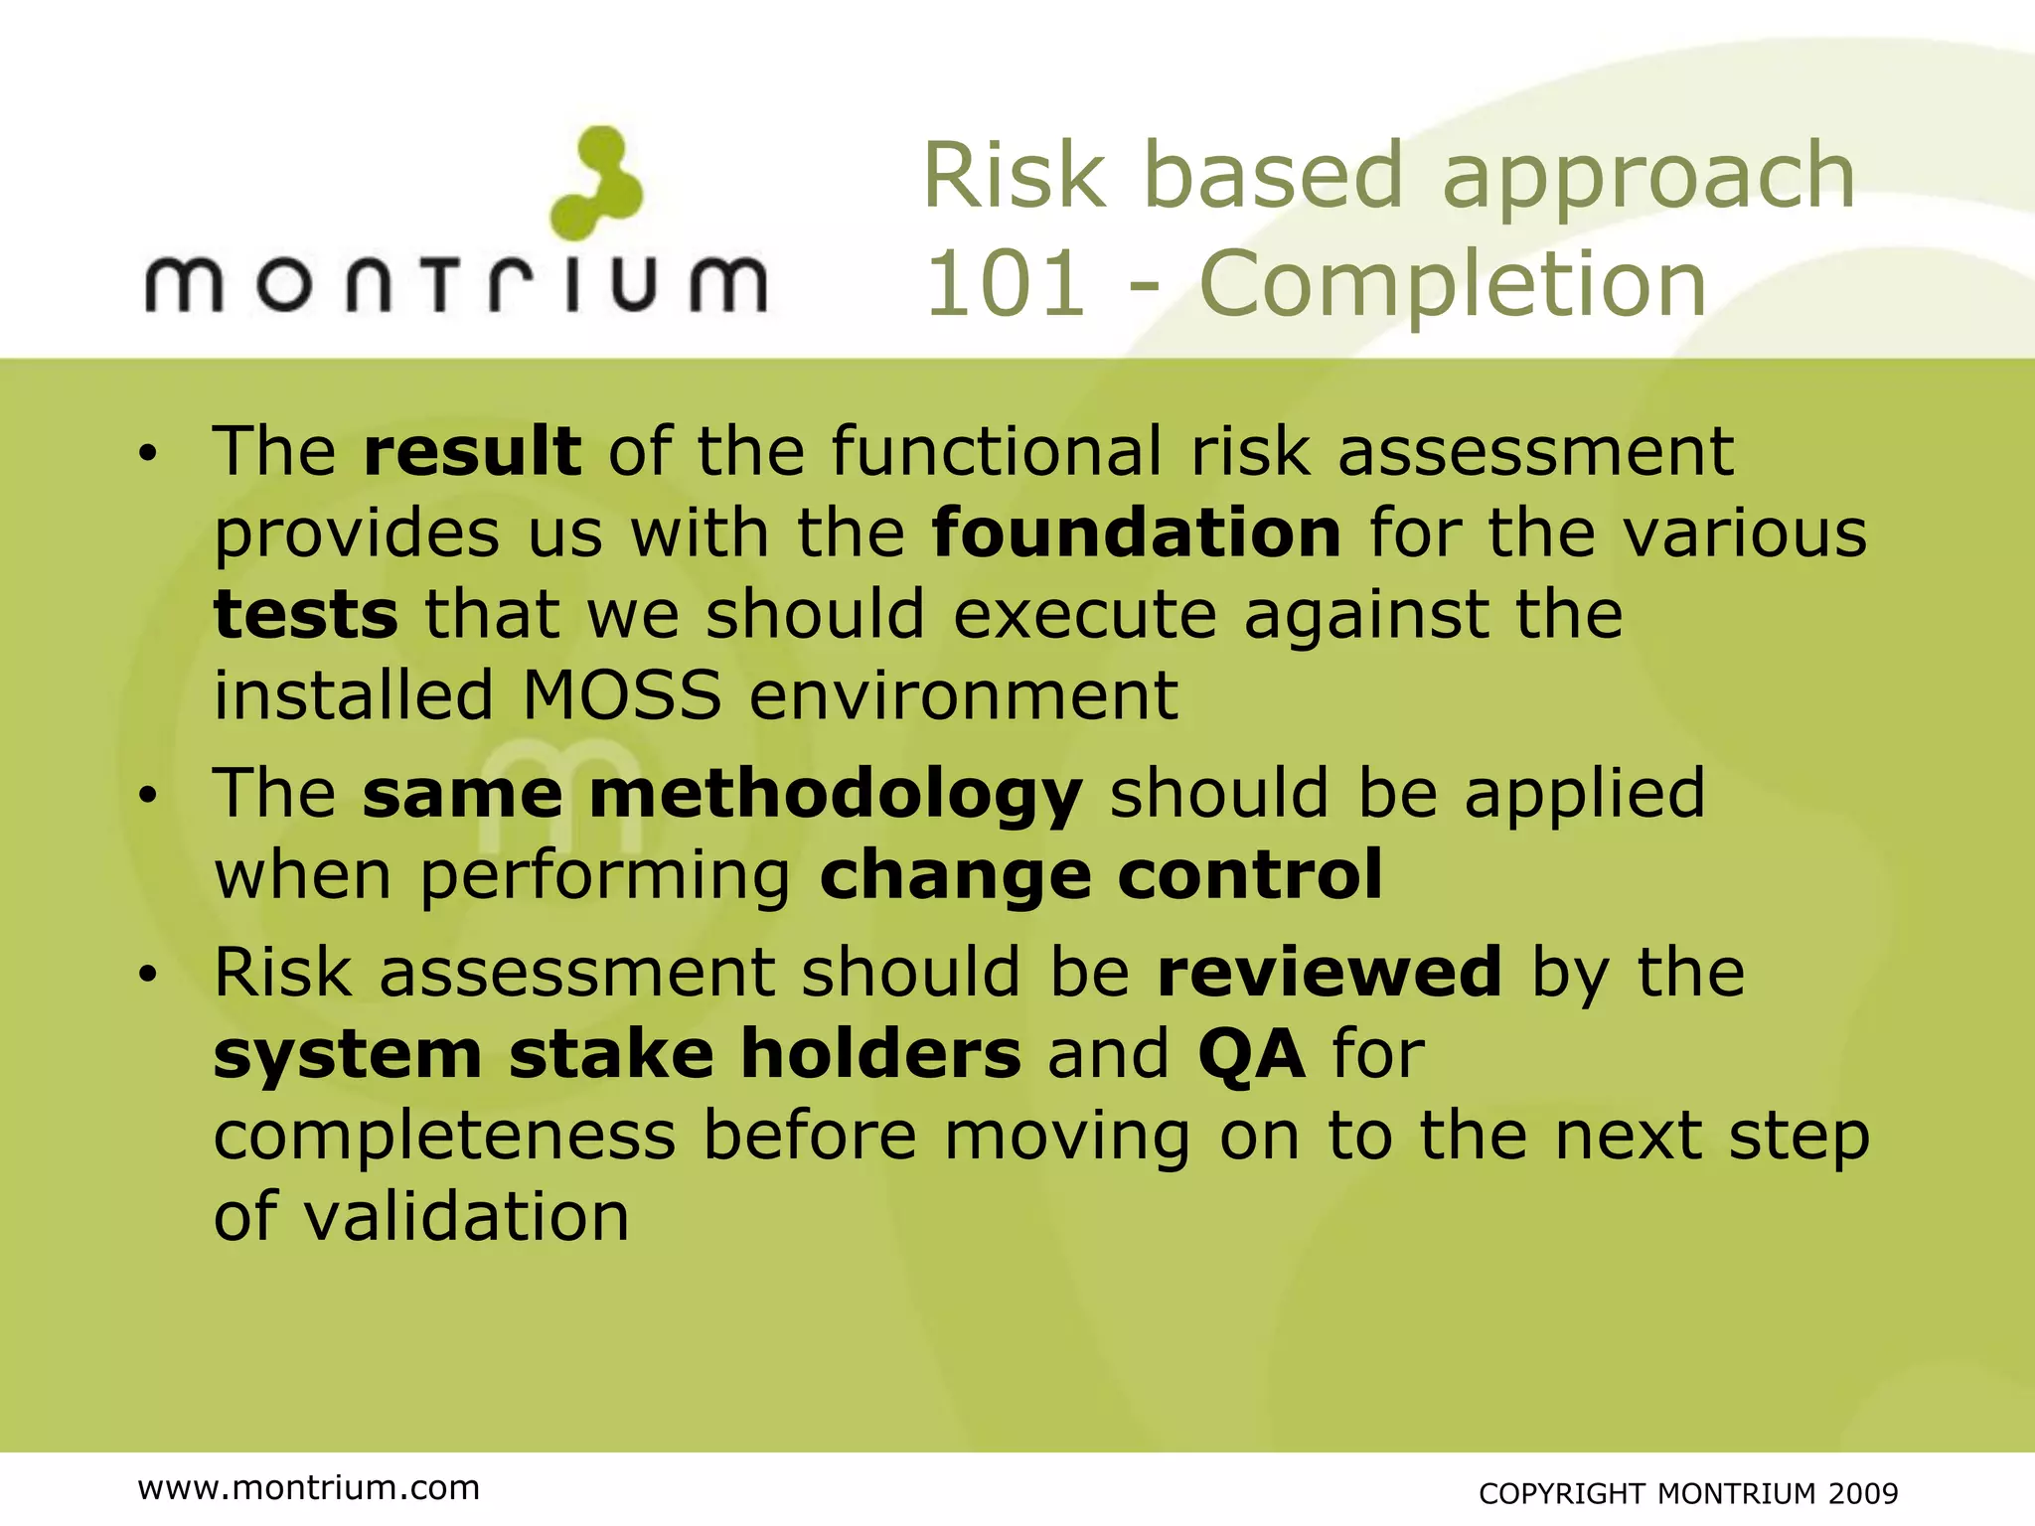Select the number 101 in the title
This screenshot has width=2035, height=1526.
pos(1005,284)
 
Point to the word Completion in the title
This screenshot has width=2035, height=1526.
pos(1453,284)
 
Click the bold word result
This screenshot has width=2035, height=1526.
pos(472,451)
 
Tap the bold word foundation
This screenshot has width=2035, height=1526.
pos(1137,534)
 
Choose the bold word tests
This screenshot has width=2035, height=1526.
pos(306,615)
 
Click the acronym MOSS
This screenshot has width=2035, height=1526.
pos(622,695)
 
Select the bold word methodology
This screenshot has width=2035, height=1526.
pos(835,796)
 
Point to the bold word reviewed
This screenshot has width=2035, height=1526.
pos(1330,973)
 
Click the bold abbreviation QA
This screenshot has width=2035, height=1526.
pos(1251,1054)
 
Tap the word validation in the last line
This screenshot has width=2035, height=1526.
pos(466,1216)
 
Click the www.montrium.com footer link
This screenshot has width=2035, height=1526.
pos(309,1488)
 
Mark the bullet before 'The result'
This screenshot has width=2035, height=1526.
pos(148,454)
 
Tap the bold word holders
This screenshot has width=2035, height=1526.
pos(880,1054)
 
